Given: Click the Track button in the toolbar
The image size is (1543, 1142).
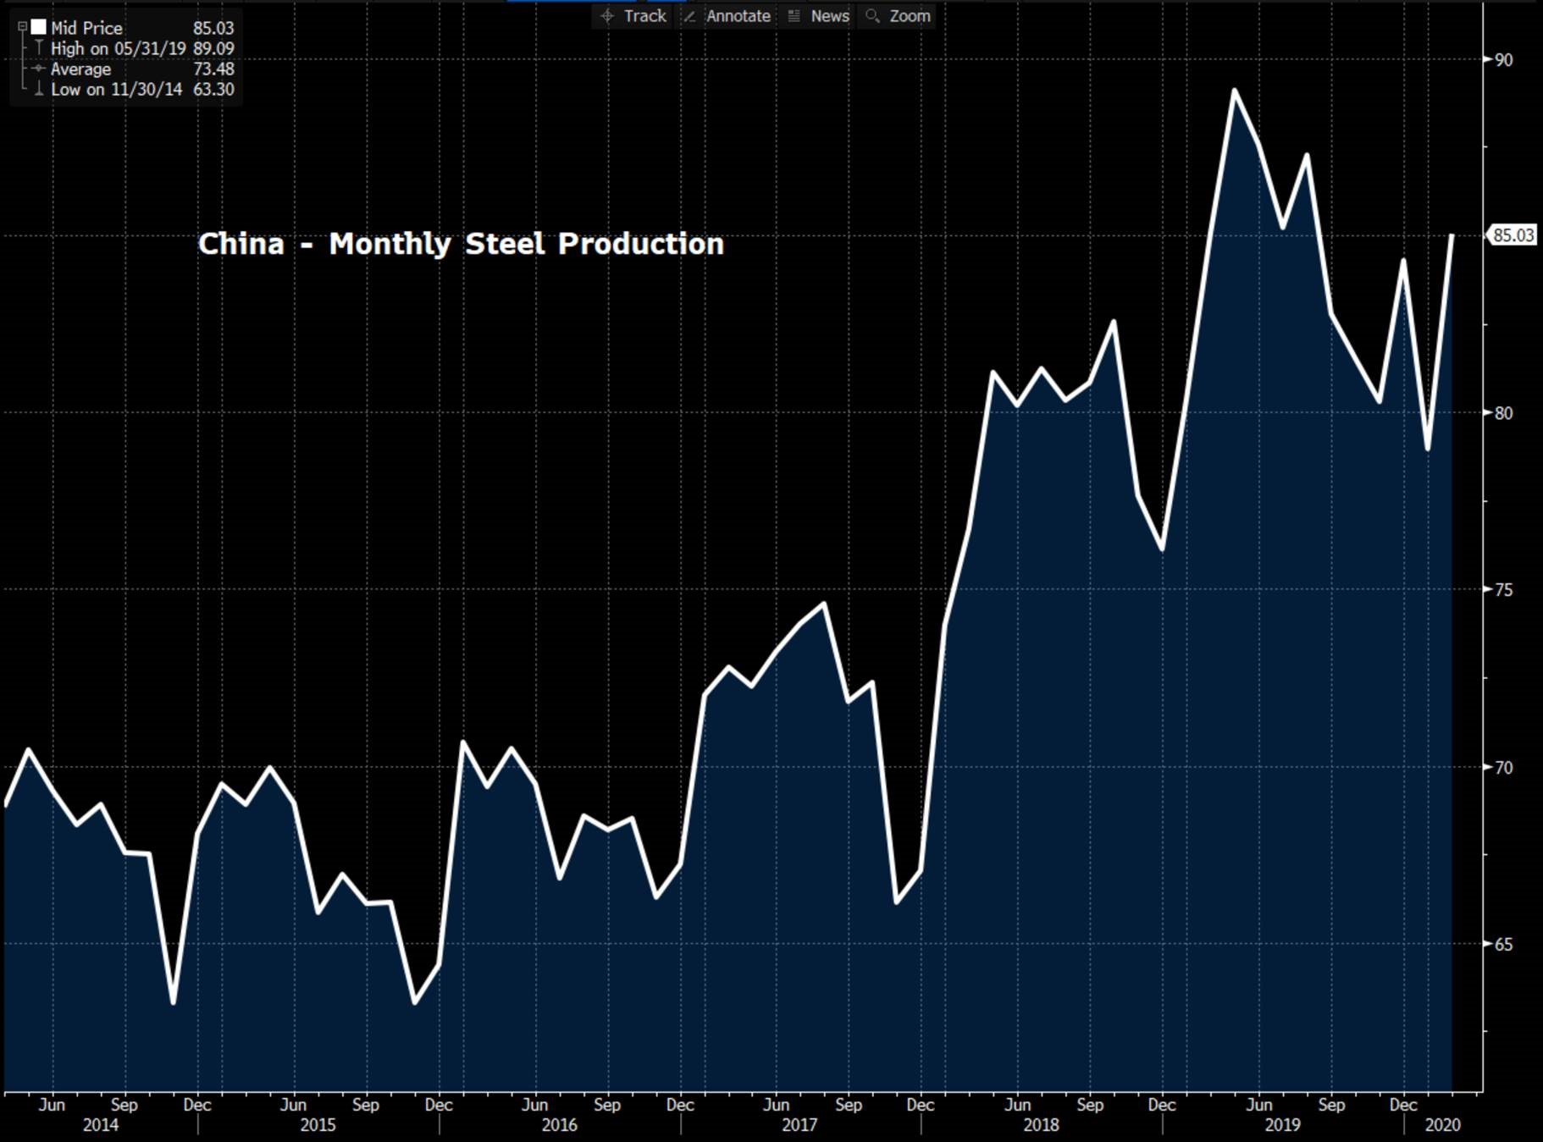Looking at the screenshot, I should coord(634,16).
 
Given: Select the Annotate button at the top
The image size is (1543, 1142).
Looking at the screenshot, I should coord(728,16).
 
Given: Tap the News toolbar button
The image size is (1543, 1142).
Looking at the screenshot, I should coord(820,16).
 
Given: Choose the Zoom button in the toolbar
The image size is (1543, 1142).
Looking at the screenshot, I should coord(899,16).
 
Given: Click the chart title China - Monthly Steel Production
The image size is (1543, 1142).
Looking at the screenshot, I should coord(461,244).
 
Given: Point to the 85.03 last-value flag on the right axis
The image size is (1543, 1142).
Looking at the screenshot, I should coord(1513,235).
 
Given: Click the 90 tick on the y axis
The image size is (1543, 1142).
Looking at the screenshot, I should coord(1503,60).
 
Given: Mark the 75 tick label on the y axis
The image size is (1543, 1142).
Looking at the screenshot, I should coord(1503,590).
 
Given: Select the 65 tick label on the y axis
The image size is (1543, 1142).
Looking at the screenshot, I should coord(1503,945).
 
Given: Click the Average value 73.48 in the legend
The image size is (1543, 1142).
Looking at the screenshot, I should coord(213,69).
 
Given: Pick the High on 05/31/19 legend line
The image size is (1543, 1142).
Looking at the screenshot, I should coord(118,49).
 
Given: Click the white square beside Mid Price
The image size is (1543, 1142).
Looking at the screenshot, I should coord(38,27).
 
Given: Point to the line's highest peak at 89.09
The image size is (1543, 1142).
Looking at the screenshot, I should coord(1235,90).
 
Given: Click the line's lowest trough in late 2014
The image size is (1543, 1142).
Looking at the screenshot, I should coord(173,1003).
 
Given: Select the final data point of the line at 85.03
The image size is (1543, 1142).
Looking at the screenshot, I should coord(1452,235).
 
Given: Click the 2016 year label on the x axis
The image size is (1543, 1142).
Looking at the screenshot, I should coord(559,1125).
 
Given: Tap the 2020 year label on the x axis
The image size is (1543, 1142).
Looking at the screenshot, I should coord(1442,1125).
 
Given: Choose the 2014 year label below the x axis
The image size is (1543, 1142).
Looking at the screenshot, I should coord(100,1125).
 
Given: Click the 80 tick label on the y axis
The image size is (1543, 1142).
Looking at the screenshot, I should coord(1503,413).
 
